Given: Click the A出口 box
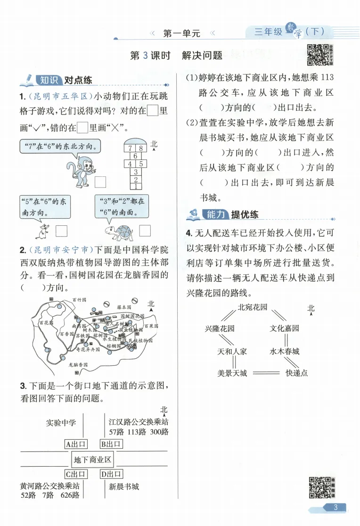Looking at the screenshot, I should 75,444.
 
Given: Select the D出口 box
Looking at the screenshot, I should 111,474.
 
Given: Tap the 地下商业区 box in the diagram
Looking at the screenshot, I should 93,459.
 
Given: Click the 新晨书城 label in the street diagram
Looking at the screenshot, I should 124,486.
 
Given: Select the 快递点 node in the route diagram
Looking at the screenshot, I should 296,373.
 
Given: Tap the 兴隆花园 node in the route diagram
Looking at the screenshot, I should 220,328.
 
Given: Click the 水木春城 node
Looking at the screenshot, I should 285,351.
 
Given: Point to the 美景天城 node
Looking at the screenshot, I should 232,373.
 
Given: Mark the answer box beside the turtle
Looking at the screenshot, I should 145,230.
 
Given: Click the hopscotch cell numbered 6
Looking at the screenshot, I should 136,156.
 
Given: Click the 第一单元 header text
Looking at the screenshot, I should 181,33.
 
